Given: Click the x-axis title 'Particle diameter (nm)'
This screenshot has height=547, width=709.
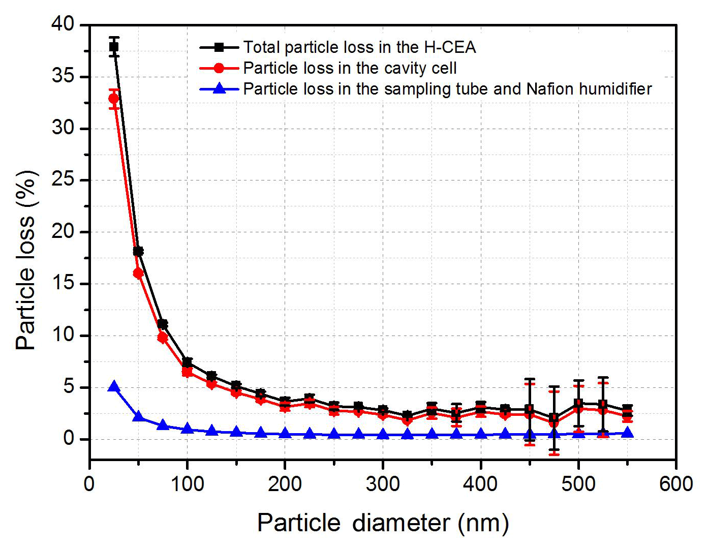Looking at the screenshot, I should coord(383,523).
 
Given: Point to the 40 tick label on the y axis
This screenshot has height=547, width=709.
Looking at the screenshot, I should coord(63,24).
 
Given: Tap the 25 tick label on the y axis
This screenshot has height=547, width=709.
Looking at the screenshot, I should coord(63,180).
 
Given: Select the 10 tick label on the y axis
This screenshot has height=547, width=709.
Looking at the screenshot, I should coord(63,336).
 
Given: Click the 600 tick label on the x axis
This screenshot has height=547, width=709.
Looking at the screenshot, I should coord(675,483).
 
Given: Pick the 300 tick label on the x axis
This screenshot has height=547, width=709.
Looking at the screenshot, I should coord(382,483).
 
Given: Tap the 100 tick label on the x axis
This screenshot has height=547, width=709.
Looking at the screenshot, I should coord(187,483).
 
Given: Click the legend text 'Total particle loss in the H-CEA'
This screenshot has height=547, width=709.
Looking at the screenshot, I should coord(359,47).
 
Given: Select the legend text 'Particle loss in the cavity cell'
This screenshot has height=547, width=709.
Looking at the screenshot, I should coord(350,68).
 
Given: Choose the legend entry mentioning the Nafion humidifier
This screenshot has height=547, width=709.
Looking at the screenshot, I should coord(447,89).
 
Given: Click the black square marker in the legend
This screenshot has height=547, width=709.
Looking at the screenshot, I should coord(219,47).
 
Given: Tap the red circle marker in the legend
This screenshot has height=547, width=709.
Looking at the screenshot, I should coord(219,68).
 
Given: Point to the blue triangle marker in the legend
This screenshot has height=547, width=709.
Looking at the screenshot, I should coord(219,88).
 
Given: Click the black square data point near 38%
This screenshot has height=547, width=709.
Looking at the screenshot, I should coord(114,47).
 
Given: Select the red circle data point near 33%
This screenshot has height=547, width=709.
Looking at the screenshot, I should coord(114,98).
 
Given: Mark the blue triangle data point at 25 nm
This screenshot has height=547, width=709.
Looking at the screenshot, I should coord(114,387).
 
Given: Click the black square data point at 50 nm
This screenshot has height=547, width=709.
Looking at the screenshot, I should coord(138,251).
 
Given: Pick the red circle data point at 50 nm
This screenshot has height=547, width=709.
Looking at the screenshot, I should coord(138,273).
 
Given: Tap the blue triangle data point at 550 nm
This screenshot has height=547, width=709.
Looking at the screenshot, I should coord(627,433).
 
